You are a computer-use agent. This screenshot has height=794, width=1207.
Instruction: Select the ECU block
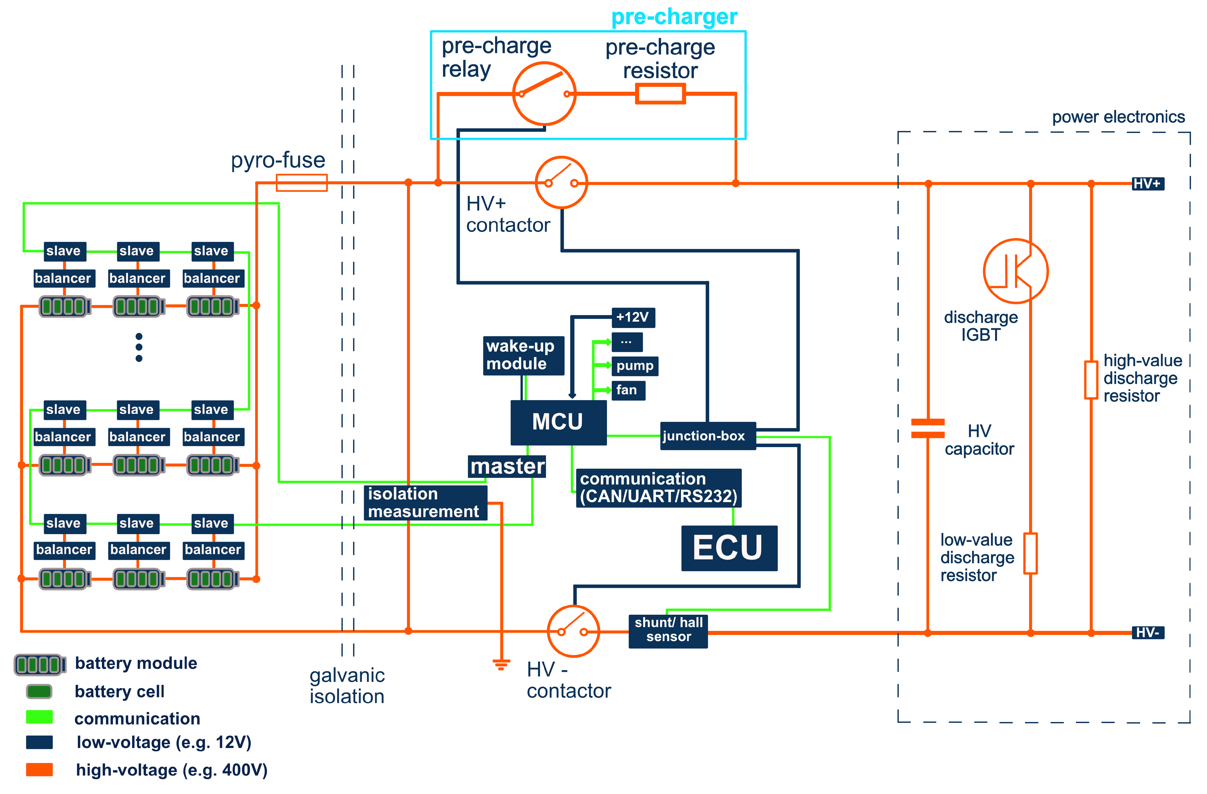coord(729,548)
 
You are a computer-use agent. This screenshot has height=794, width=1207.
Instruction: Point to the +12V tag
coord(633,317)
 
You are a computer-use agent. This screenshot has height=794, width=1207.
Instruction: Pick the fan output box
coord(628,390)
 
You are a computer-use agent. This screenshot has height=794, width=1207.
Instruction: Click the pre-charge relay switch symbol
coord(544,94)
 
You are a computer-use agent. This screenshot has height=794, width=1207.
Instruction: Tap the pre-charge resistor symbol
coord(660,94)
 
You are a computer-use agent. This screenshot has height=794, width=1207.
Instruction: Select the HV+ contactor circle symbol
coord(562,183)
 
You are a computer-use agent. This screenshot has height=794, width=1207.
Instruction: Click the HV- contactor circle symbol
coord(573,631)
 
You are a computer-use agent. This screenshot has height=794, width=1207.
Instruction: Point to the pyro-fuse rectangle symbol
coord(302,183)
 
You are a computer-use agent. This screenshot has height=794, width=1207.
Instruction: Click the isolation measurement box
coord(425,503)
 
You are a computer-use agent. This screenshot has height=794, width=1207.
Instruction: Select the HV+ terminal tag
coord(1148,184)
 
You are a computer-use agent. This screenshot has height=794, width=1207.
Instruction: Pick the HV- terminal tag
coord(1148,632)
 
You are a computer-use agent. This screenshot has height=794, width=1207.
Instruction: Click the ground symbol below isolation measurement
coord(501,664)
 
